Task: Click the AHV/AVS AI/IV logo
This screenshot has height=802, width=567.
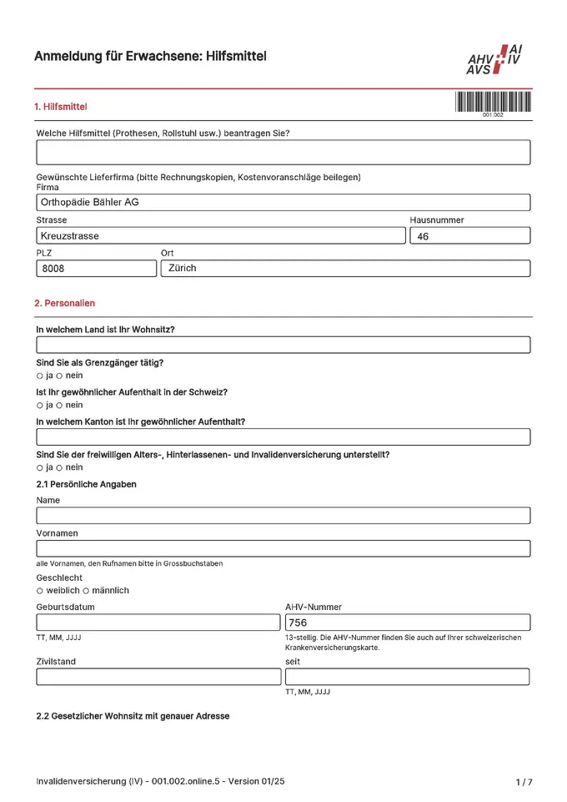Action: pyautogui.click(x=498, y=60)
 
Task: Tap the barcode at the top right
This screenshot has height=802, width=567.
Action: pyautogui.click(x=493, y=102)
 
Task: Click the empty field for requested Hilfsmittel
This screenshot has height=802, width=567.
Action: pyautogui.click(x=283, y=153)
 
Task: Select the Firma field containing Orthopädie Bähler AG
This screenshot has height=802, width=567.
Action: pyautogui.click(x=283, y=202)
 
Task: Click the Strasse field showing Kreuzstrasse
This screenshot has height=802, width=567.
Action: pyautogui.click(x=221, y=236)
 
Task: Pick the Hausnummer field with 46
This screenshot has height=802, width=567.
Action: pyautogui.click(x=469, y=236)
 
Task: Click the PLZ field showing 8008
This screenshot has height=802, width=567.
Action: pyautogui.click(x=96, y=269)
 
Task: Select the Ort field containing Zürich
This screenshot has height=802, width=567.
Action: pyautogui.click(x=344, y=269)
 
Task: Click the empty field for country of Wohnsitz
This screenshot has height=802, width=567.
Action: pyautogui.click(x=283, y=345)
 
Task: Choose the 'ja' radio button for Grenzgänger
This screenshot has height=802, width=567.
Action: pyautogui.click(x=39, y=376)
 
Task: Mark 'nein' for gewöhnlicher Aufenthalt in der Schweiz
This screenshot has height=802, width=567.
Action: pyautogui.click(x=59, y=406)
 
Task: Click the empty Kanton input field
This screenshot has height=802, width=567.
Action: pyautogui.click(x=283, y=437)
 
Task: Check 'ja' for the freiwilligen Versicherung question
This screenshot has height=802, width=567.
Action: pyautogui.click(x=39, y=468)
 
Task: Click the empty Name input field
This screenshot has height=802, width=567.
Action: pyautogui.click(x=283, y=516)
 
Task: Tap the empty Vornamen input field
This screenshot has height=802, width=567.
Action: pyautogui.click(x=283, y=548)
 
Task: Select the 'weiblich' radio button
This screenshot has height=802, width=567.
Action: pyautogui.click(x=39, y=591)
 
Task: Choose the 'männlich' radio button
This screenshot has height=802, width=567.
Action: pyautogui.click(x=86, y=591)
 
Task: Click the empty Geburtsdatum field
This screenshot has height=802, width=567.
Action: pyautogui.click(x=158, y=623)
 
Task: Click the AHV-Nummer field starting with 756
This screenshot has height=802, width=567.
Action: pyautogui.click(x=407, y=623)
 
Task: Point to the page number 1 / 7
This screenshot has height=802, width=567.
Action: pyautogui.click(x=524, y=782)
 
